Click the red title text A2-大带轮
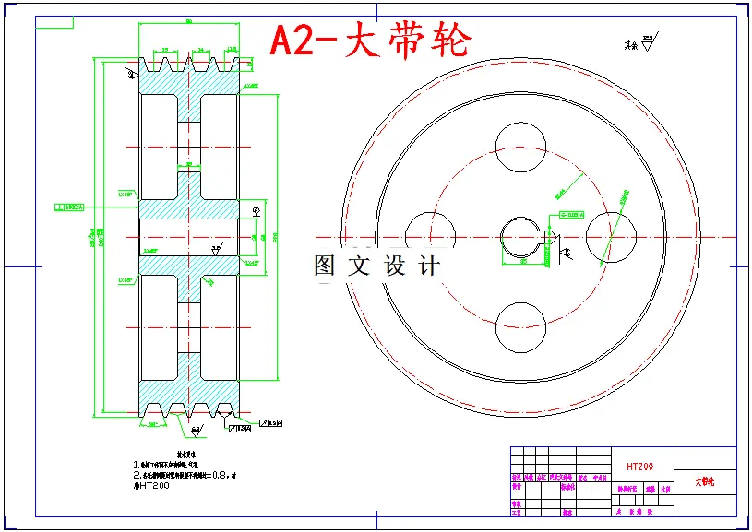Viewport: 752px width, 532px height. click(x=369, y=41)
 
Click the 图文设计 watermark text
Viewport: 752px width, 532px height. click(x=376, y=266)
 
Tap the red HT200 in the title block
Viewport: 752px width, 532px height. click(x=639, y=467)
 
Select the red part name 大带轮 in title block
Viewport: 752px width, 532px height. click(x=704, y=481)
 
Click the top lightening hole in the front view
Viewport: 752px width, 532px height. click(x=520, y=147)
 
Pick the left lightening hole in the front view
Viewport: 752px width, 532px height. click(x=430, y=237)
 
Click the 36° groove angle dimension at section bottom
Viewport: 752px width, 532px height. click(x=195, y=430)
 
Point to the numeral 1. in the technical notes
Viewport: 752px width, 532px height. click(x=137, y=465)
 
